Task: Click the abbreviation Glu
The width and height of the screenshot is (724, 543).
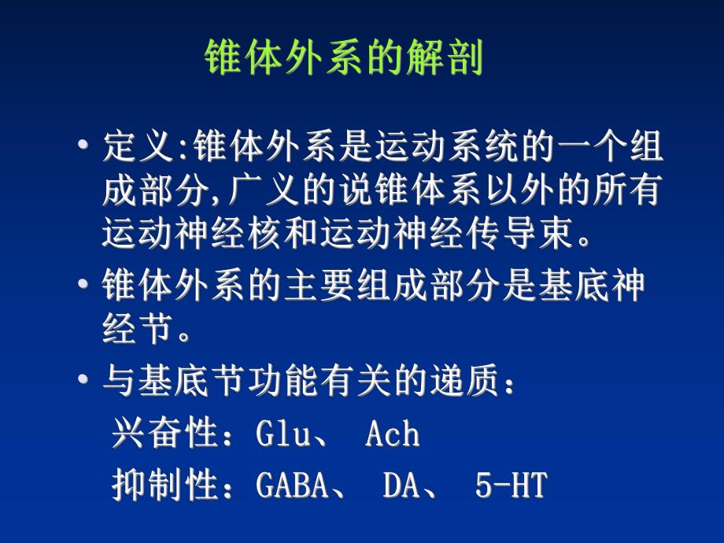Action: pyautogui.click(x=284, y=434)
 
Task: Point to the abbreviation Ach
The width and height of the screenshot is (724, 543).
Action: pyautogui.click(x=392, y=434)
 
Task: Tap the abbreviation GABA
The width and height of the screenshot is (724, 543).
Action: pyautogui.click(x=292, y=486)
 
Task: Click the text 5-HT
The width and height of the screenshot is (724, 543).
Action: pyautogui.click(x=510, y=486)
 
